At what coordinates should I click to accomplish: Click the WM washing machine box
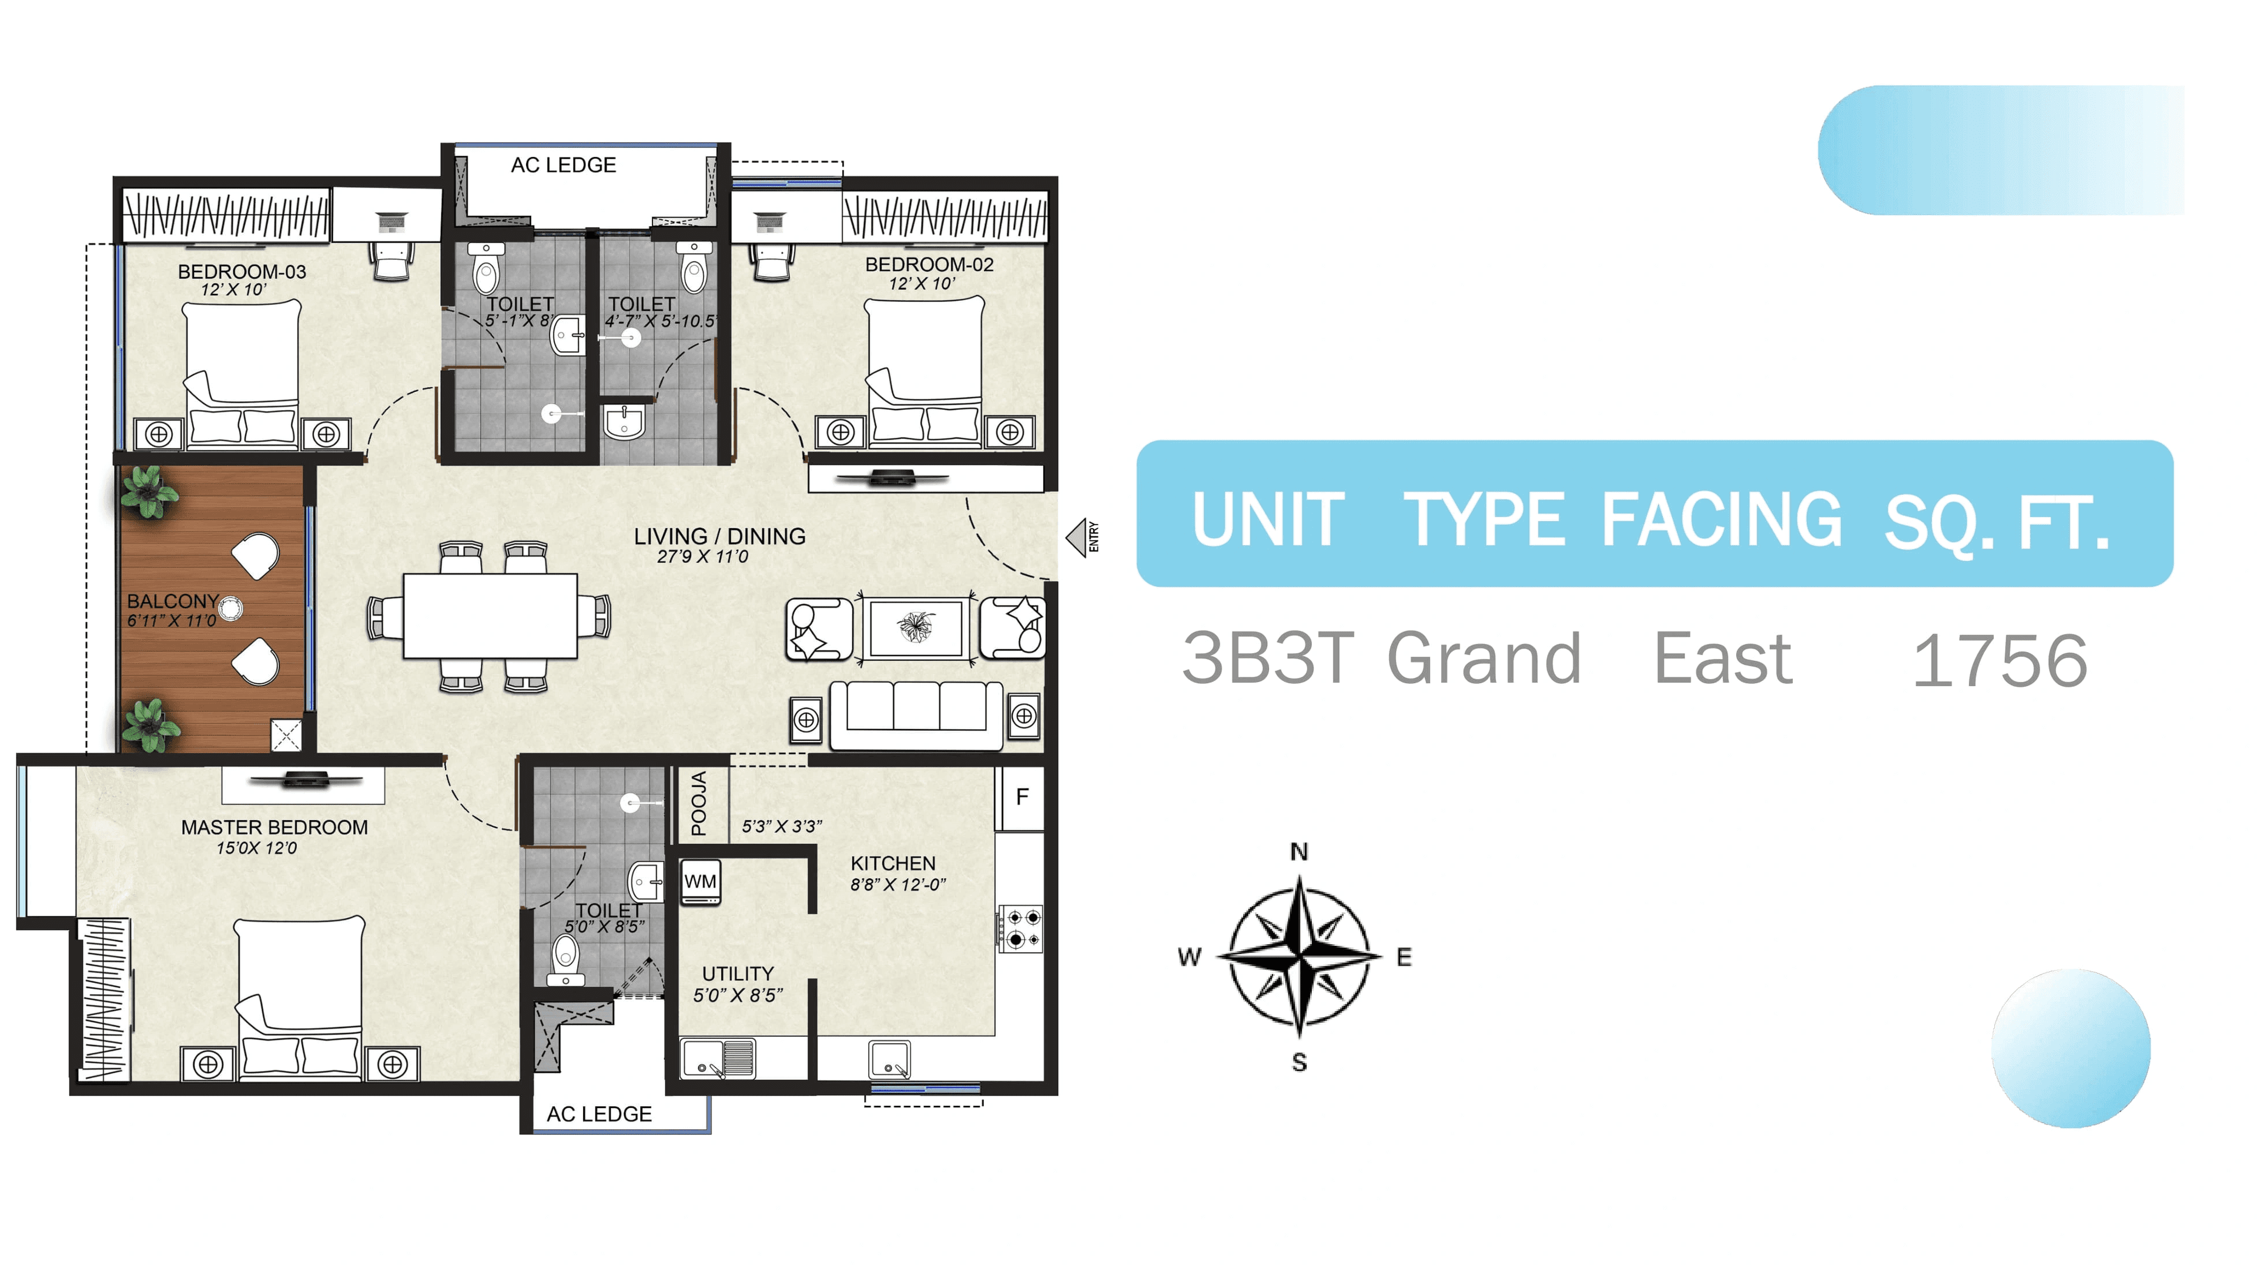(700, 882)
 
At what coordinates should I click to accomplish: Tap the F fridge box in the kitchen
(1022, 798)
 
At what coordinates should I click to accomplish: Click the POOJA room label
(698, 803)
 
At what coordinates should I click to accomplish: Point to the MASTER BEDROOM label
(274, 828)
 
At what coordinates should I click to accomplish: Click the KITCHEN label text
(893, 864)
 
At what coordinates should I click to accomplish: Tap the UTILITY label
(738, 974)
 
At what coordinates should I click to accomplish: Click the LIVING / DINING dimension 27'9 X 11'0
(703, 557)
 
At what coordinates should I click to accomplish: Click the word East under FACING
(1723, 659)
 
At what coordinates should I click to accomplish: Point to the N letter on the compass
(1300, 852)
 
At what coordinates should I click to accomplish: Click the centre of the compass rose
(1300, 956)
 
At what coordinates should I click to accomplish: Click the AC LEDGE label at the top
(564, 166)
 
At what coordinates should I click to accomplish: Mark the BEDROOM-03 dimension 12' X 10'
(233, 290)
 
